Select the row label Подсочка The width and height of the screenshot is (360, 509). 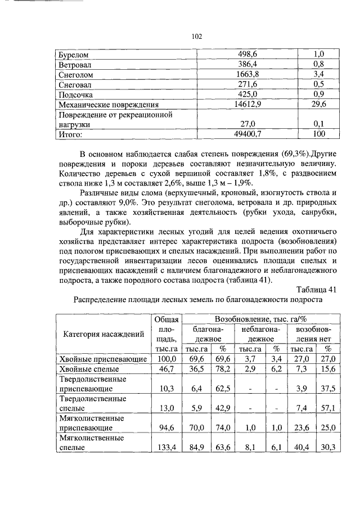tap(76, 94)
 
